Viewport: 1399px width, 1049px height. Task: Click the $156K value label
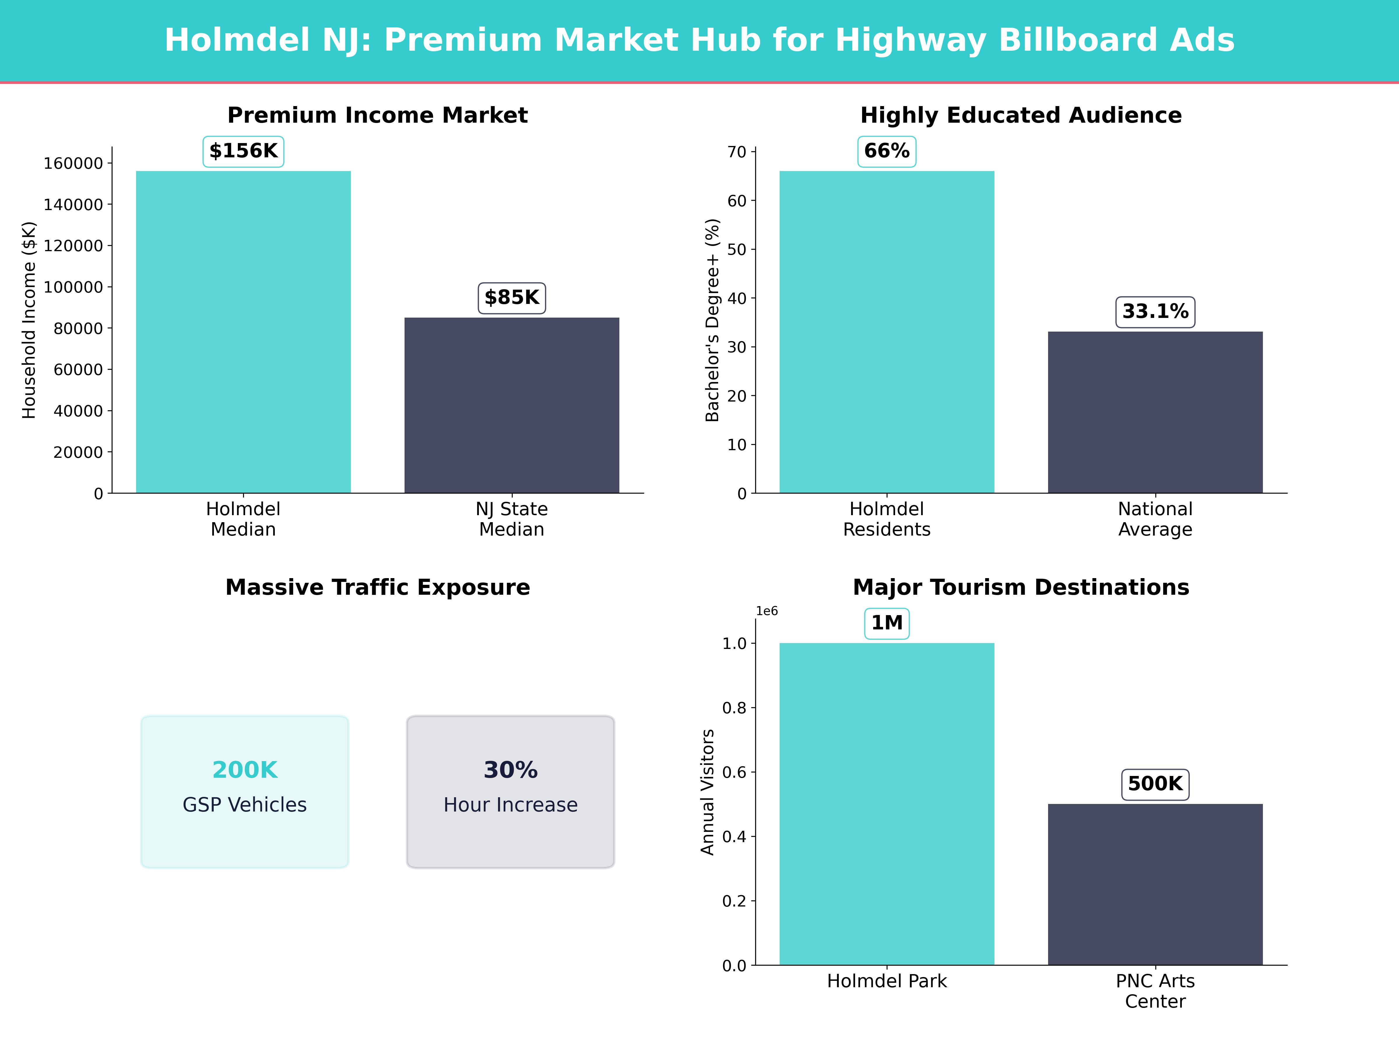click(243, 151)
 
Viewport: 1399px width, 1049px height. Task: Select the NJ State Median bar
click(512, 405)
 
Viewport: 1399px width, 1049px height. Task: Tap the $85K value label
click(512, 298)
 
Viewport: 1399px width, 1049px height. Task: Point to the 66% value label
click(887, 151)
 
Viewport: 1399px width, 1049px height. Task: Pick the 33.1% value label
click(1155, 312)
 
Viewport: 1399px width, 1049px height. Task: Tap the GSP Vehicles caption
click(245, 805)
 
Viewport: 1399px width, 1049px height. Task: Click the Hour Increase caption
click(510, 805)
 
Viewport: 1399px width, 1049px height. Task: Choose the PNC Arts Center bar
click(1155, 884)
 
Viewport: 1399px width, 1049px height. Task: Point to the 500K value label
click(1155, 784)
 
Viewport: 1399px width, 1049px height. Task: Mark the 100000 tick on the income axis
click(73, 287)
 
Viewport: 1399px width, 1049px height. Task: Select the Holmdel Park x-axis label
click(887, 981)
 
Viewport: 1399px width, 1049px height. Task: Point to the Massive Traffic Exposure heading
click(377, 587)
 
